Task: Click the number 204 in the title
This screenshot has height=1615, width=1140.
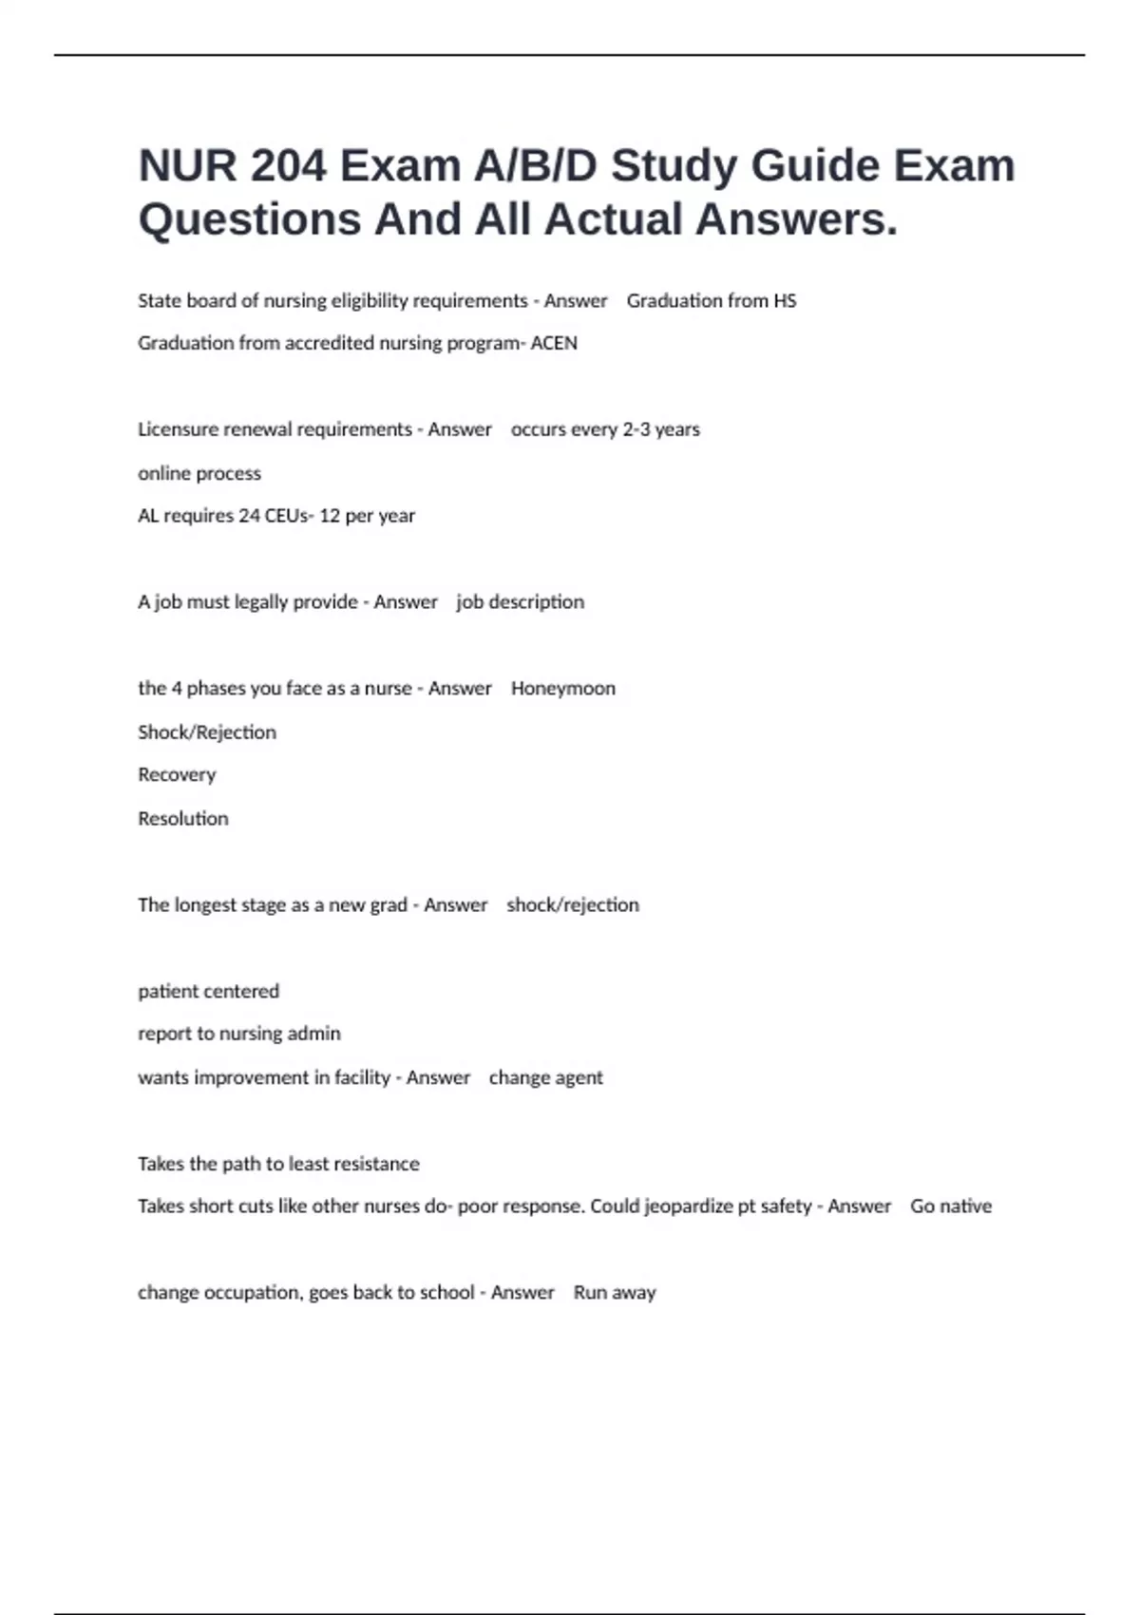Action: [x=288, y=166]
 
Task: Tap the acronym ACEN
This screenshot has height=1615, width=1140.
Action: [x=554, y=343]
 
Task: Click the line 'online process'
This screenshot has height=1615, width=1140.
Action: [x=199, y=473]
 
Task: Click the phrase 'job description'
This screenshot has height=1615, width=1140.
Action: [x=521, y=602]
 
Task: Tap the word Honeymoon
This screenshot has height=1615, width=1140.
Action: [x=563, y=689]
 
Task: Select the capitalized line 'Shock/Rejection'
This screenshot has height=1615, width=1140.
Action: [x=207, y=732]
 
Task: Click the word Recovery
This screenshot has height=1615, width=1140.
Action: [x=177, y=775]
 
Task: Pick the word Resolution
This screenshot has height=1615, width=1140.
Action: [x=183, y=819]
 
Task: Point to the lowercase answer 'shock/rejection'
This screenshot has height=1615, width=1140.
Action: [x=573, y=905]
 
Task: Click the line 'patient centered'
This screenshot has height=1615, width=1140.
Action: [x=209, y=992]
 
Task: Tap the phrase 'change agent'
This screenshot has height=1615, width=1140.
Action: [x=546, y=1078]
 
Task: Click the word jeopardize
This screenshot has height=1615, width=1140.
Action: [x=689, y=1206]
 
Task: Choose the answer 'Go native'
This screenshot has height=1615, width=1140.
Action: [x=951, y=1206]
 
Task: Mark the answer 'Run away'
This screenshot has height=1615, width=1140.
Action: [x=615, y=1293]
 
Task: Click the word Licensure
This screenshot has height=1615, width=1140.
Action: [x=179, y=429]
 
